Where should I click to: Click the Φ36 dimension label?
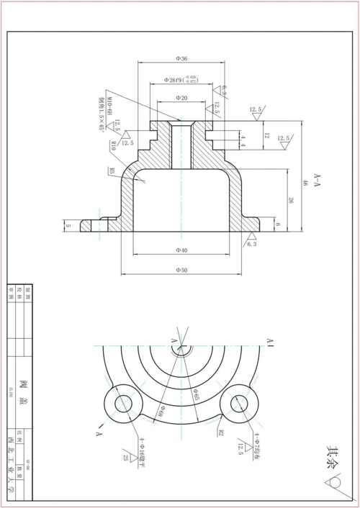[x=181, y=58]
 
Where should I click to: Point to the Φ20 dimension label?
[x=181, y=98]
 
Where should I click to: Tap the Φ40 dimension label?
[x=181, y=250]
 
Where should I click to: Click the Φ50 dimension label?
[x=181, y=270]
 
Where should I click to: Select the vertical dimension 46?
[x=305, y=182]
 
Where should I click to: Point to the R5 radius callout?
[x=113, y=171]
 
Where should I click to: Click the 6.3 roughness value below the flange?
[x=251, y=245]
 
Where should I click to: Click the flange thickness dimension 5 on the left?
[x=68, y=226]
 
